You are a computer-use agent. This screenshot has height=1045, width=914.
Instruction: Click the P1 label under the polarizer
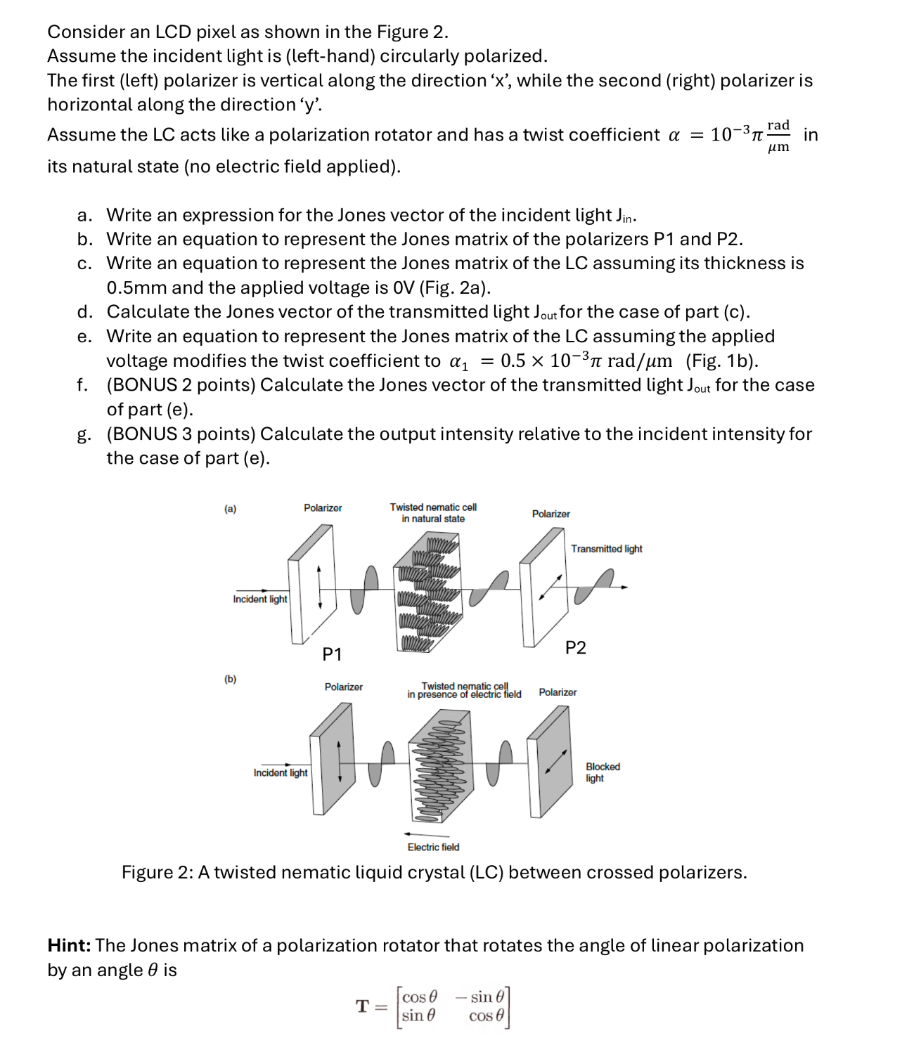point(332,654)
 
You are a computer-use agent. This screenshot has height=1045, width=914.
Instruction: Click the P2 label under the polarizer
point(575,648)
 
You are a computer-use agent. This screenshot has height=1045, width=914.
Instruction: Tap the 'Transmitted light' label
point(606,549)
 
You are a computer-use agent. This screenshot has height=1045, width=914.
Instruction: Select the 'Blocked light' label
point(603,772)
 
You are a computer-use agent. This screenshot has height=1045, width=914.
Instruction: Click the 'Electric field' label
point(433,847)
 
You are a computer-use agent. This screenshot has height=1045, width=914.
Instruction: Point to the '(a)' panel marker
point(230,509)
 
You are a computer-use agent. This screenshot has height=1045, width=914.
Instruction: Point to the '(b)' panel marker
point(230,679)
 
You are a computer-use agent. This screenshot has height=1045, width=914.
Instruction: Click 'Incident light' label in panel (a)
point(260,599)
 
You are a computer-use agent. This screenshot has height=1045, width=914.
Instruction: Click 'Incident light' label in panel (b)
point(281,772)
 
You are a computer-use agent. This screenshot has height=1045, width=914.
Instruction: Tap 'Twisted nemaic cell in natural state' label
point(433,512)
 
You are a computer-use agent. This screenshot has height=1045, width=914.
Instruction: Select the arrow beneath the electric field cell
point(422,834)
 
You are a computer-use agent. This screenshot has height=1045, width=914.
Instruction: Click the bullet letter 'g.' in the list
point(84,435)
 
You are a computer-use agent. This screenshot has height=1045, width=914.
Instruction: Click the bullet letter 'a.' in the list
point(84,215)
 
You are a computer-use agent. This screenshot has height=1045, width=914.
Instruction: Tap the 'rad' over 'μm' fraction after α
point(778,136)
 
